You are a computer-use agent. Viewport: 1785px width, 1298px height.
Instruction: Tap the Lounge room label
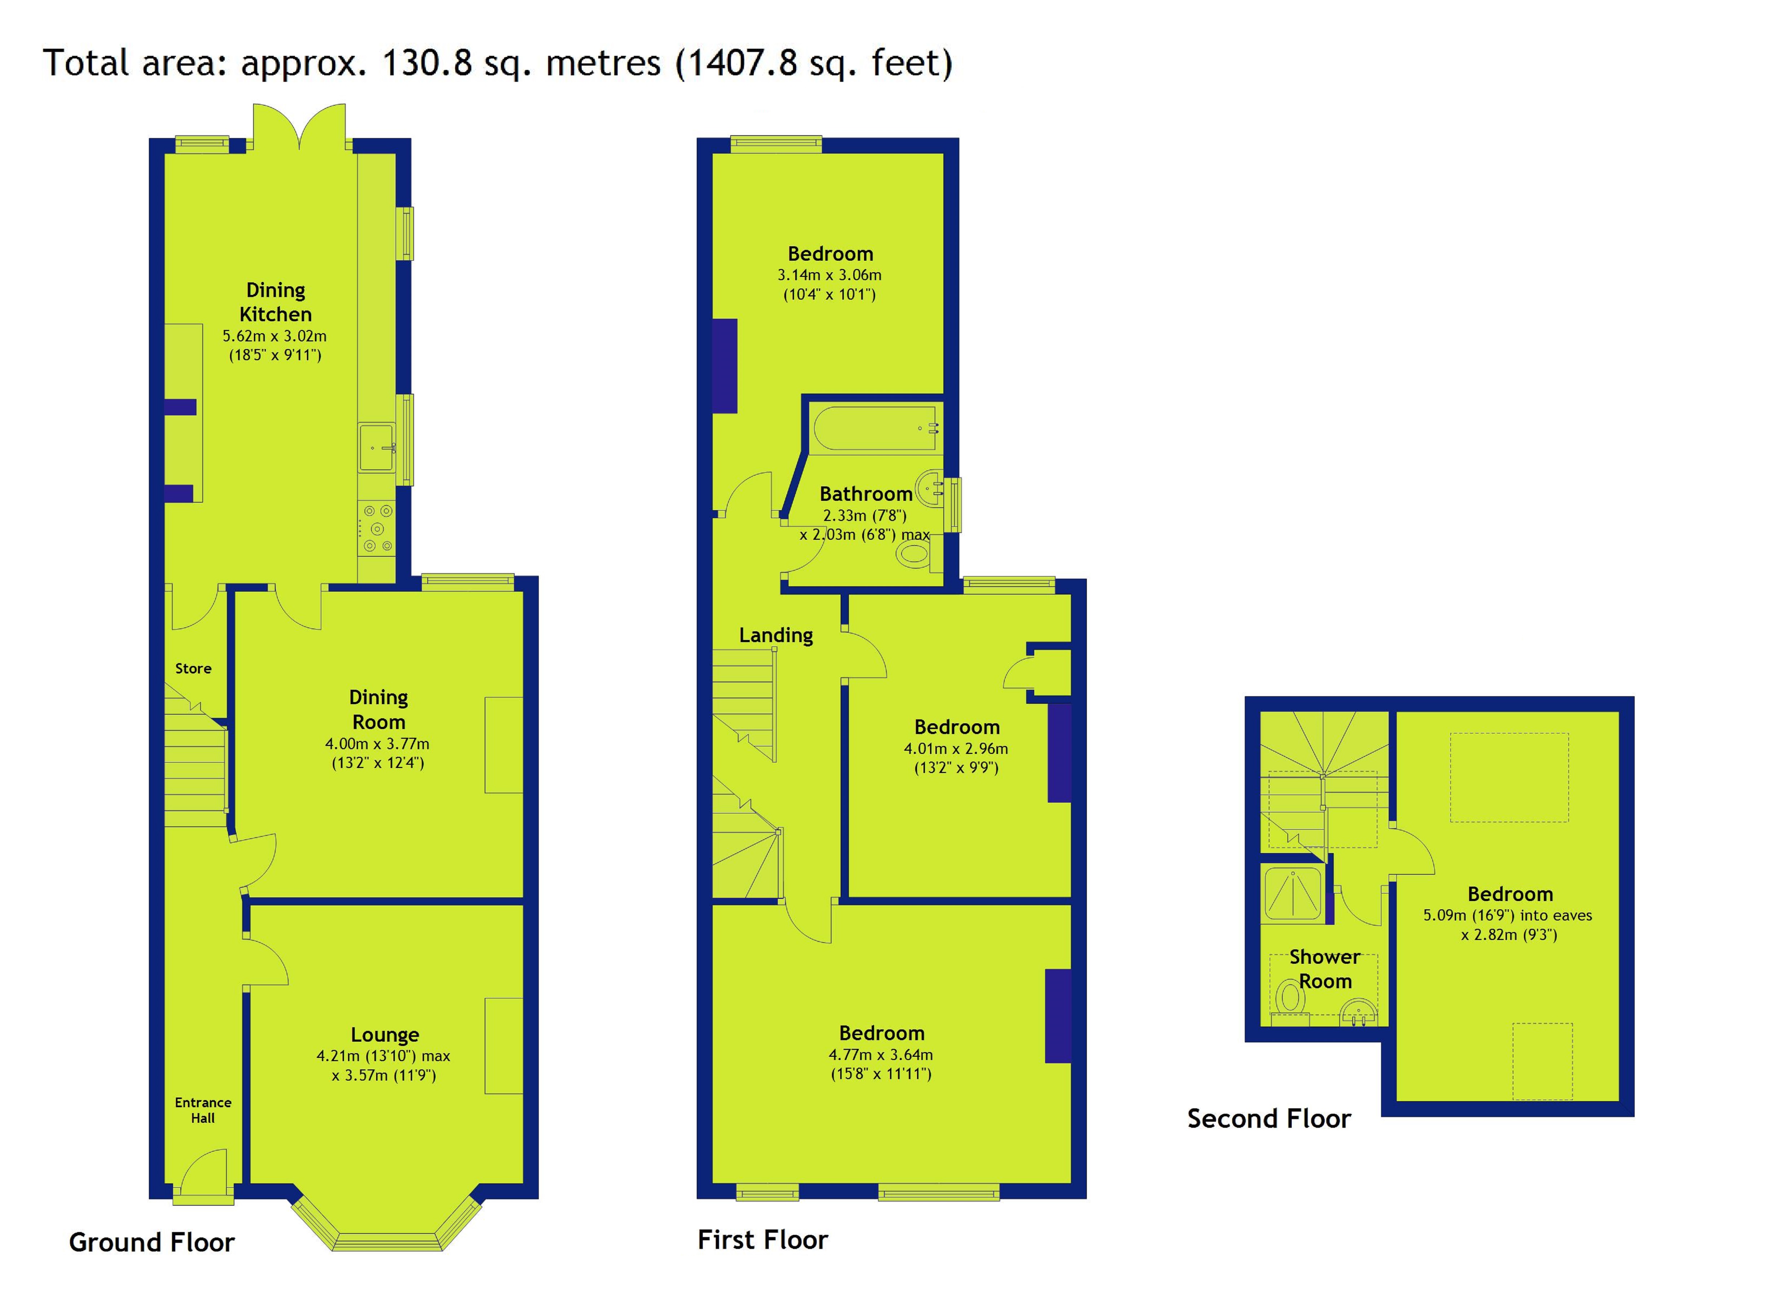click(x=385, y=1034)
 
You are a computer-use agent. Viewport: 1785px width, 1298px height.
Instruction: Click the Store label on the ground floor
click(x=194, y=668)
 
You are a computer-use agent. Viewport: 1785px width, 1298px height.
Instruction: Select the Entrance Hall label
click(x=203, y=1110)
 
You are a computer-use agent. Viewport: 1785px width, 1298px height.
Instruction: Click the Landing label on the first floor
click(x=776, y=635)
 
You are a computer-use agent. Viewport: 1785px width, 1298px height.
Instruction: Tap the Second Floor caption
click(x=1269, y=1118)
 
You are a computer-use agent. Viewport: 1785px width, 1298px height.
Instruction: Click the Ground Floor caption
click(x=152, y=1242)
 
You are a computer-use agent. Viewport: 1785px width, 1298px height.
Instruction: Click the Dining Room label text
click(x=379, y=709)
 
